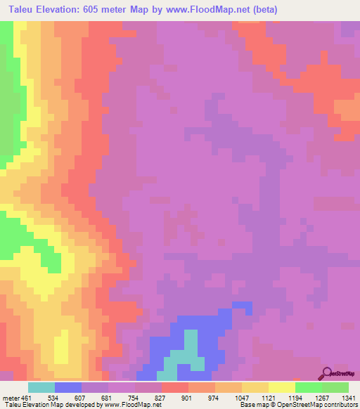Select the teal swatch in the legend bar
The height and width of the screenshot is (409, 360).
41,387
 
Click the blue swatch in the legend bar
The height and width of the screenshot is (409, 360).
68,387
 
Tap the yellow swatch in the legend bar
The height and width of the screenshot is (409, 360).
281,387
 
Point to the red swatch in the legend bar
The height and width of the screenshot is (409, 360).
174,387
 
